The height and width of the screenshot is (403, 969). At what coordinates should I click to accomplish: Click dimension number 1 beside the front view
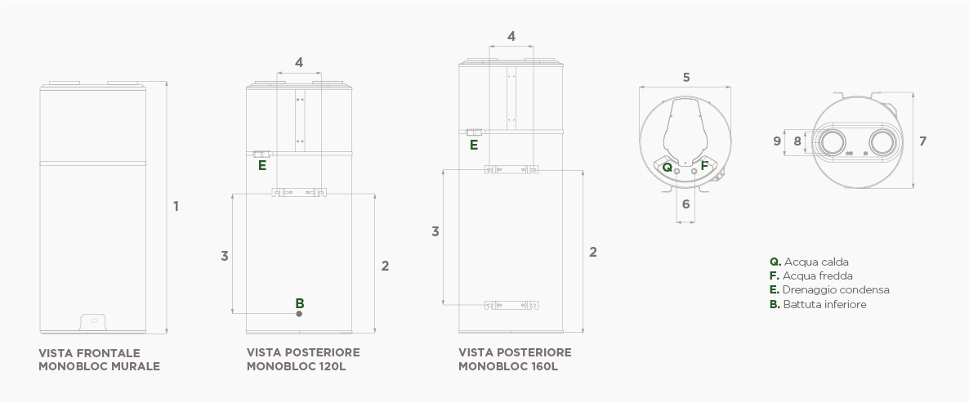tap(176, 206)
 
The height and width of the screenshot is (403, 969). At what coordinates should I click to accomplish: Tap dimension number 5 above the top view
tap(686, 78)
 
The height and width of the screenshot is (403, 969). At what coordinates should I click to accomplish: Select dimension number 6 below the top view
tap(686, 204)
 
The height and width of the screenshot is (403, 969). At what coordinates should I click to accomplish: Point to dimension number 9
tap(777, 141)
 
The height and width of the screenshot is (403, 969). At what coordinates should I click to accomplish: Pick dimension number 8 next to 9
tap(797, 141)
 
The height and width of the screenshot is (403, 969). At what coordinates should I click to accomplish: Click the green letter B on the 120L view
tap(300, 302)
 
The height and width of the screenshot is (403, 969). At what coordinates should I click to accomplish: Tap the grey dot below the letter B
tap(300, 313)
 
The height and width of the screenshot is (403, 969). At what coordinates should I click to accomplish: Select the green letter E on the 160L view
tap(474, 146)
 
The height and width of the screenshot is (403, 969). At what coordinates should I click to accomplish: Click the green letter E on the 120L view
tap(262, 165)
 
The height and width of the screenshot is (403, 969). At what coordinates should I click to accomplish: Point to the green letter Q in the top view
tap(668, 166)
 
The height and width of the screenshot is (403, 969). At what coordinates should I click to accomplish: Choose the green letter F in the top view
tap(704, 166)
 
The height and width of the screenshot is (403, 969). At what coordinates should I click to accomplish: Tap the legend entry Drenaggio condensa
tap(829, 290)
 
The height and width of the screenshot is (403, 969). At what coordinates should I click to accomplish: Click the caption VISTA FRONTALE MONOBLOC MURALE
tap(99, 360)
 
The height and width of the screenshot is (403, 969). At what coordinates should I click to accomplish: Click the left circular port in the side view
tap(834, 141)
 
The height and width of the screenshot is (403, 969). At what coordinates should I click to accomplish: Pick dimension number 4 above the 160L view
tap(511, 36)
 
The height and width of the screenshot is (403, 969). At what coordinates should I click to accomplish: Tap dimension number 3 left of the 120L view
tap(224, 256)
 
